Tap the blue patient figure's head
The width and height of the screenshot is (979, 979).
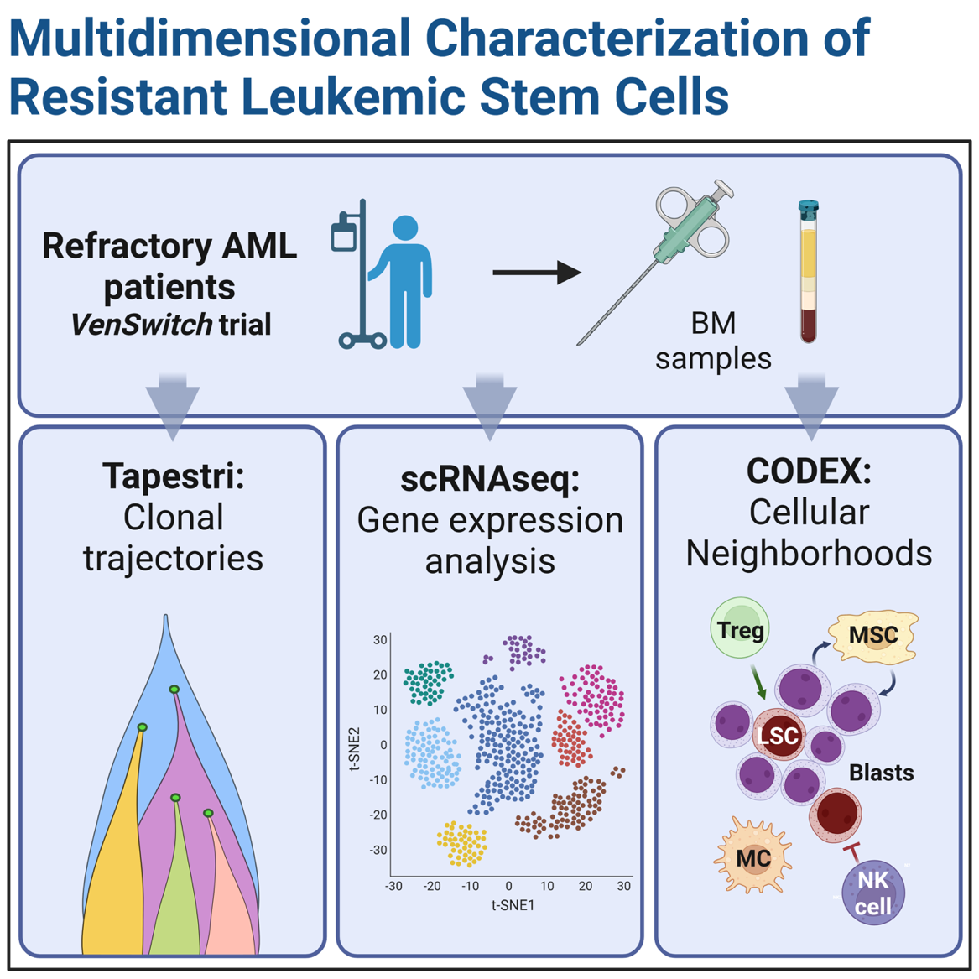click(x=405, y=229)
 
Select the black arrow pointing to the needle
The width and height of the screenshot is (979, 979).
click(x=537, y=272)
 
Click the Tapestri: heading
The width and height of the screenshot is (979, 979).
click(x=173, y=476)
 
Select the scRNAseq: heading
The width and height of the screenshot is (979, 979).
click(x=490, y=478)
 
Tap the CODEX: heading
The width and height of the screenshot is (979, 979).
click(x=809, y=471)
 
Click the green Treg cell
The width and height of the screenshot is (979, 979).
click(x=740, y=629)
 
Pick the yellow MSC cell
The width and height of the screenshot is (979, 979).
click(x=873, y=636)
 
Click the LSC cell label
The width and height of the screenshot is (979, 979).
click(x=779, y=737)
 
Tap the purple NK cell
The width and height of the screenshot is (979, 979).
click(x=873, y=893)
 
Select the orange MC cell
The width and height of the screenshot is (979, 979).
click(x=753, y=858)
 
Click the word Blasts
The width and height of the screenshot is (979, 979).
click(x=881, y=773)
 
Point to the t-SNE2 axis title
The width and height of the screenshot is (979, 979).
click(x=355, y=748)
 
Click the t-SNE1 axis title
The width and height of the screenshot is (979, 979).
click(x=512, y=905)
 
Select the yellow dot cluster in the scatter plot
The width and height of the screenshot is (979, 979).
click(x=462, y=843)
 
